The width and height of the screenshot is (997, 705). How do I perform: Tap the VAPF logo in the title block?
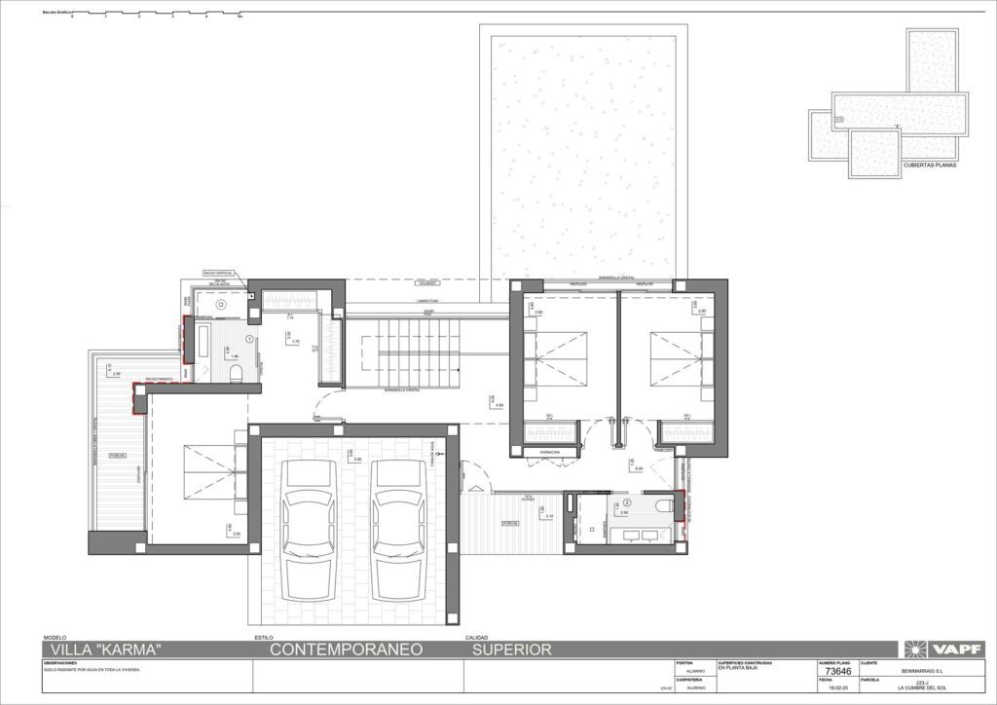point(943,649)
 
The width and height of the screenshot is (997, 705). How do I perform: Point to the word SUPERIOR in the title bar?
point(512,649)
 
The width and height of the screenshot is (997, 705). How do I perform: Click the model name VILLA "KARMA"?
point(102,649)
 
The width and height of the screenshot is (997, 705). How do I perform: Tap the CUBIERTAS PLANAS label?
point(930,167)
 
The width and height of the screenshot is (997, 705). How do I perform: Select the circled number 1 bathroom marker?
point(250,338)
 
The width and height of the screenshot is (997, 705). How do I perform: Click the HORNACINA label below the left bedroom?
point(538,452)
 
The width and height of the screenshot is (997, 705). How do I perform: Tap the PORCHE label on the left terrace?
point(116,455)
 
